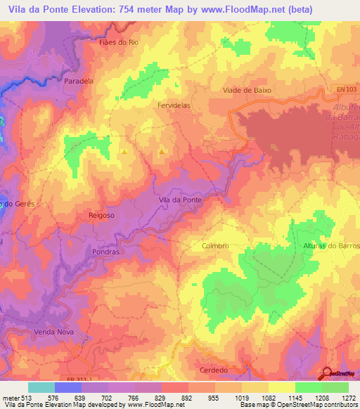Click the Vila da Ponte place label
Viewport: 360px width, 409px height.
[x=181, y=200]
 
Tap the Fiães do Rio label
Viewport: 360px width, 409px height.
[x=115, y=42]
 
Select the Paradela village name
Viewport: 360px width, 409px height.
[x=79, y=81]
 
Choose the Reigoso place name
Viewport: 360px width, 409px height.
[x=101, y=216]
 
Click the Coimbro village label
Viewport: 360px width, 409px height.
[x=215, y=246]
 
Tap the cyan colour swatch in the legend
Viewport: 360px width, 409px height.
[x=41, y=387]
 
